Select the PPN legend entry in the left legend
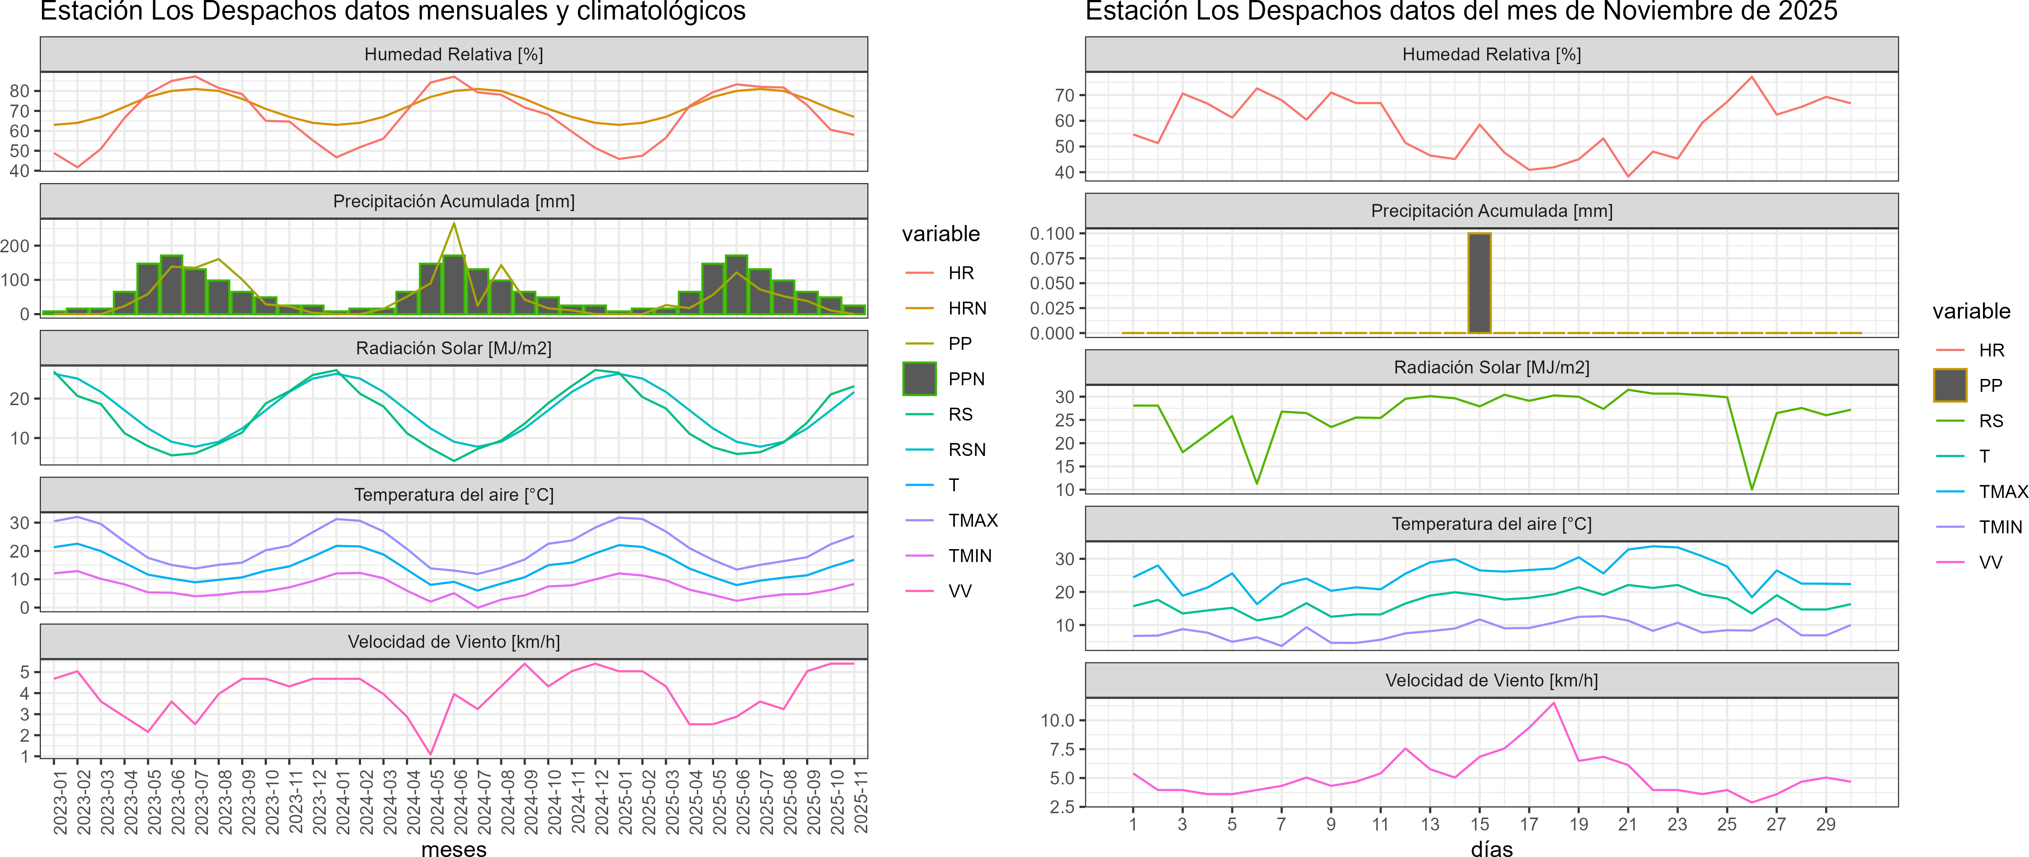coord(966,379)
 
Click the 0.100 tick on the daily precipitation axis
coord(1052,233)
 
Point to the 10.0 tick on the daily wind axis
coord(1057,720)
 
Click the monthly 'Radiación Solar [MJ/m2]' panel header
coord(454,348)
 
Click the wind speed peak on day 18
coord(1553,703)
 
